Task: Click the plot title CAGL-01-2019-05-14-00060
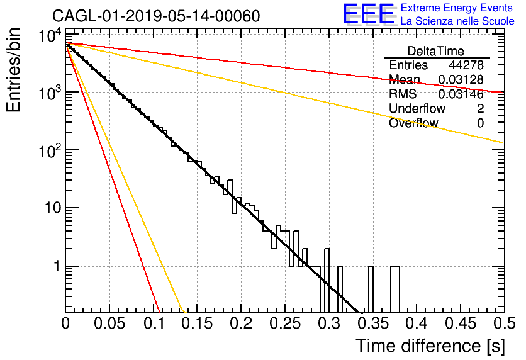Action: coord(156,16)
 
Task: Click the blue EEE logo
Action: coord(368,14)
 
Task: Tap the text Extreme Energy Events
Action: coord(457,8)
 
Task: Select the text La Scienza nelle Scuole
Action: coord(457,21)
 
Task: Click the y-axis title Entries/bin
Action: coord(13,70)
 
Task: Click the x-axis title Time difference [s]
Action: coord(430,346)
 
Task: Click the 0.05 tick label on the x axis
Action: coord(109,323)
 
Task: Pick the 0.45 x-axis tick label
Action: coord(461,323)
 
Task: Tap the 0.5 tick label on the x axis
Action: coord(504,323)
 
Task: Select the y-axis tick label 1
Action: coord(57,266)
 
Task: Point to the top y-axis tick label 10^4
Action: coord(50,36)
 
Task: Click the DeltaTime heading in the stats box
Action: coord(436,51)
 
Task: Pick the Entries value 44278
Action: coord(466,65)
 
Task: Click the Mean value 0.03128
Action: coord(461,79)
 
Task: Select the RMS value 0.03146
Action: coord(461,94)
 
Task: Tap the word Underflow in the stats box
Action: coord(417,108)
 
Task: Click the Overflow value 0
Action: coord(480,123)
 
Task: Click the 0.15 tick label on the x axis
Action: coord(197,323)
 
